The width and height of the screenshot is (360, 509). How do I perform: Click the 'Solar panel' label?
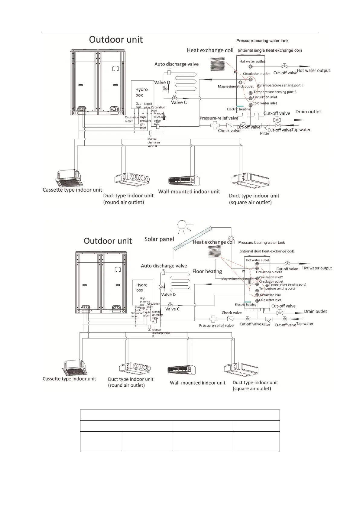[x=159, y=239]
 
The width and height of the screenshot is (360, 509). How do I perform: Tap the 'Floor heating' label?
[x=207, y=271]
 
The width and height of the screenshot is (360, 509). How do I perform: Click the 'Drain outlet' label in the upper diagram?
[x=308, y=112]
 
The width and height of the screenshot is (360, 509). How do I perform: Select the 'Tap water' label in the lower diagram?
[x=305, y=324]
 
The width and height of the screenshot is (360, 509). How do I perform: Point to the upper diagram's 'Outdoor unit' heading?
[x=116, y=40]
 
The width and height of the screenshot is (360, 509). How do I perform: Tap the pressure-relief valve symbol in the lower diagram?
[x=213, y=319]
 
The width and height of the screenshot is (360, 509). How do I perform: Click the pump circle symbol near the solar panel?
[x=231, y=238]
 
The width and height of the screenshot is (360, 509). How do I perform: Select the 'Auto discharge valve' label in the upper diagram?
[x=177, y=64]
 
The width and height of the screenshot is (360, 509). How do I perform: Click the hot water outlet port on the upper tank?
[x=251, y=66]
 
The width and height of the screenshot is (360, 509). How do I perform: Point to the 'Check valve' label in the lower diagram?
[x=232, y=313]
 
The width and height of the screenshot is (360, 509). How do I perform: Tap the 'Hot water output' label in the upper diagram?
[x=313, y=71]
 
